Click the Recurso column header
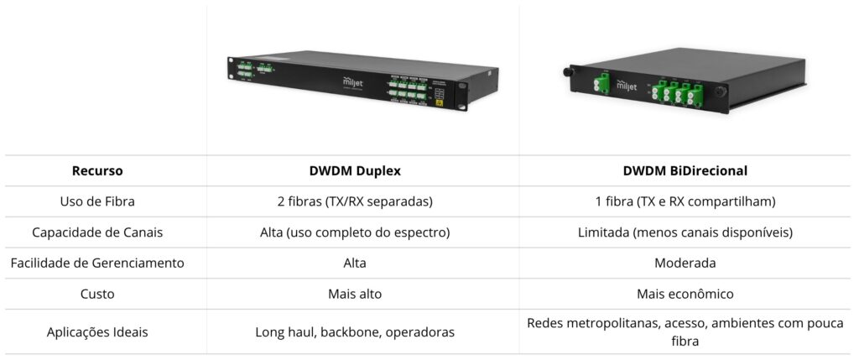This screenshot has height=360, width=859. [x=97, y=170]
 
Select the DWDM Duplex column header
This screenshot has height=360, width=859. [x=355, y=170]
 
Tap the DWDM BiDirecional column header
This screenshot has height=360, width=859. [x=685, y=170]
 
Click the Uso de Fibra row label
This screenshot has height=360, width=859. [x=97, y=201]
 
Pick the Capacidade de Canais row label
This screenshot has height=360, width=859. [x=97, y=232]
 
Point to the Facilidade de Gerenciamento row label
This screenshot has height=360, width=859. [x=97, y=263]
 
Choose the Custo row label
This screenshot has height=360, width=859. [x=97, y=294]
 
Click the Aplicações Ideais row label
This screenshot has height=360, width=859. [x=97, y=331]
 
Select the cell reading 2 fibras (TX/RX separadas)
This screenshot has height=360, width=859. [x=355, y=201]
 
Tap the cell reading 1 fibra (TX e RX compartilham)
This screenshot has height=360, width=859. [x=685, y=201]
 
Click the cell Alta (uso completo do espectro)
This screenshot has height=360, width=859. [x=355, y=232]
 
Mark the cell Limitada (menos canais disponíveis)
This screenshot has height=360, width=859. [x=685, y=232]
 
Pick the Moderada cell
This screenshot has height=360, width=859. [x=685, y=263]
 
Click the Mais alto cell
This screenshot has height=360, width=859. [x=355, y=294]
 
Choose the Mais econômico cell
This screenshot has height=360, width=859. [x=685, y=294]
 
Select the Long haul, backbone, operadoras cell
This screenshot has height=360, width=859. [x=355, y=331]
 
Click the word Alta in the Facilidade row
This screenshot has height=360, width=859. [x=355, y=263]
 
